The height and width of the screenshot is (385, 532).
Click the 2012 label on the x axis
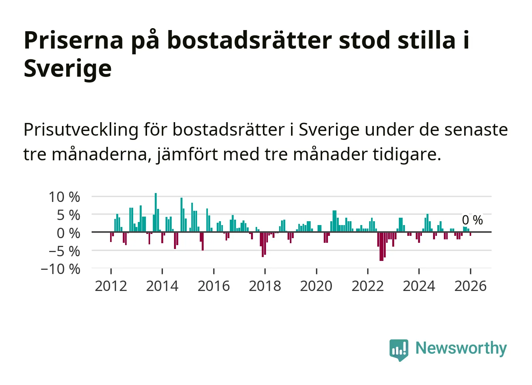point(111,286)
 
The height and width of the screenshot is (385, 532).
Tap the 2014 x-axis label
point(162,286)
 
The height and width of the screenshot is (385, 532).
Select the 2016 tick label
point(214,286)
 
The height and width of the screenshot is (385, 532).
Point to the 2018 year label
point(265,286)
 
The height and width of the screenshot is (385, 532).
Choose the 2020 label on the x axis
point(316,286)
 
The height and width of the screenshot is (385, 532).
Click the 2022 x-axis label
point(368,286)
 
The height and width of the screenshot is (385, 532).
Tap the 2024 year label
point(419,286)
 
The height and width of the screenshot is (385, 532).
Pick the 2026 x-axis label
point(470,286)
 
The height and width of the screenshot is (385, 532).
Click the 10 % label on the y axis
point(64,197)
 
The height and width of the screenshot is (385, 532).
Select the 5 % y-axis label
point(69,215)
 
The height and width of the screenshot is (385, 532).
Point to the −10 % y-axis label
point(60,269)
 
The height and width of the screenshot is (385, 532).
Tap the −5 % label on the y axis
point(64,251)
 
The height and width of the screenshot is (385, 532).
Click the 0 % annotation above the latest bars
point(472,220)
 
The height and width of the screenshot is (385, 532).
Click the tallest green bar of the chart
point(156,212)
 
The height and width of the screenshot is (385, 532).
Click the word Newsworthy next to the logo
point(461,348)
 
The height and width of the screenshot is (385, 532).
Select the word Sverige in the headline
point(68,68)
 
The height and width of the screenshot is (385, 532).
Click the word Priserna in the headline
point(74,40)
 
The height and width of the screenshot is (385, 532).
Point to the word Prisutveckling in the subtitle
point(81,130)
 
